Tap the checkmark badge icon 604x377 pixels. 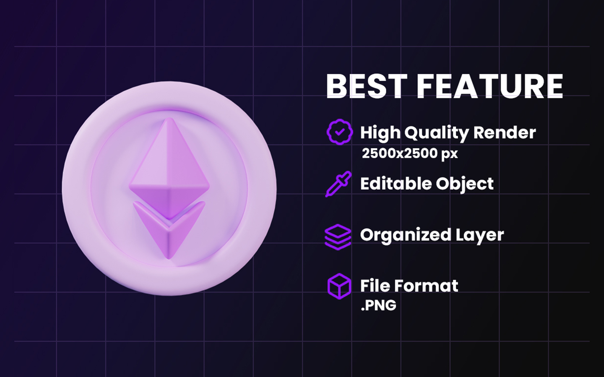pyautogui.click(x=340, y=132)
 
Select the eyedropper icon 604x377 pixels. pyautogui.click(x=339, y=184)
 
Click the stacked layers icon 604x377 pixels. pyautogui.click(x=338, y=237)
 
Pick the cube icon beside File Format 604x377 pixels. pyautogui.click(x=339, y=286)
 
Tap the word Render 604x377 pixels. pyautogui.click(x=504, y=132)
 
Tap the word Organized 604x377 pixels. pyautogui.click(x=406, y=235)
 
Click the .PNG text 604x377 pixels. pyautogui.click(x=379, y=305)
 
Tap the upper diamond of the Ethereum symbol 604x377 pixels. pyautogui.click(x=169, y=168)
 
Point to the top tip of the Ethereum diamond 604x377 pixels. pyautogui.click(x=169, y=118)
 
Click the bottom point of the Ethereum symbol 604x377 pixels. pyautogui.click(x=169, y=259)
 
